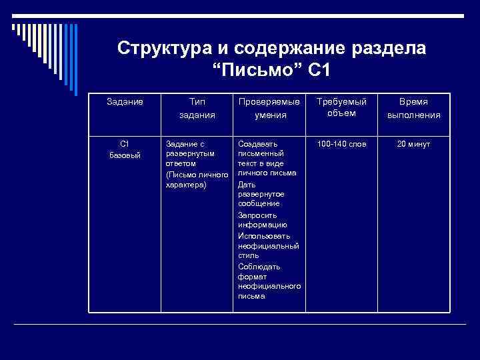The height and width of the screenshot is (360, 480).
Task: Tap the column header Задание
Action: (125, 101)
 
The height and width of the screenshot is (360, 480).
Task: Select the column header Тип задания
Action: (197, 108)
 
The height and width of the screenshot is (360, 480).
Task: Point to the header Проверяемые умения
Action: (269, 108)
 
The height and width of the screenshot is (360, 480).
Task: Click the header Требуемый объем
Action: (341, 107)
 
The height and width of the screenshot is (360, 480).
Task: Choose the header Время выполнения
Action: (413, 108)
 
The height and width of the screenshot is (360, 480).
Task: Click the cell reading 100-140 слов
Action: (341, 144)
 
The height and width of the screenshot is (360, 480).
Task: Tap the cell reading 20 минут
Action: (413, 144)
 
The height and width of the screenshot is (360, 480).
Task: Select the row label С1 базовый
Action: (124, 149)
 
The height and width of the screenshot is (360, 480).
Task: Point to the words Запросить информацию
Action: (257, 220)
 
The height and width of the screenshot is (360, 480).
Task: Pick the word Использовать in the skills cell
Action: (264, 236)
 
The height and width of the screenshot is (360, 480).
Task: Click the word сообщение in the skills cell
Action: (258, 203)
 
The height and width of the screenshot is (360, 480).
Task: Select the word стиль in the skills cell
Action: (248, 255)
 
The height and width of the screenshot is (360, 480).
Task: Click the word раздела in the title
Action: (395, 49)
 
